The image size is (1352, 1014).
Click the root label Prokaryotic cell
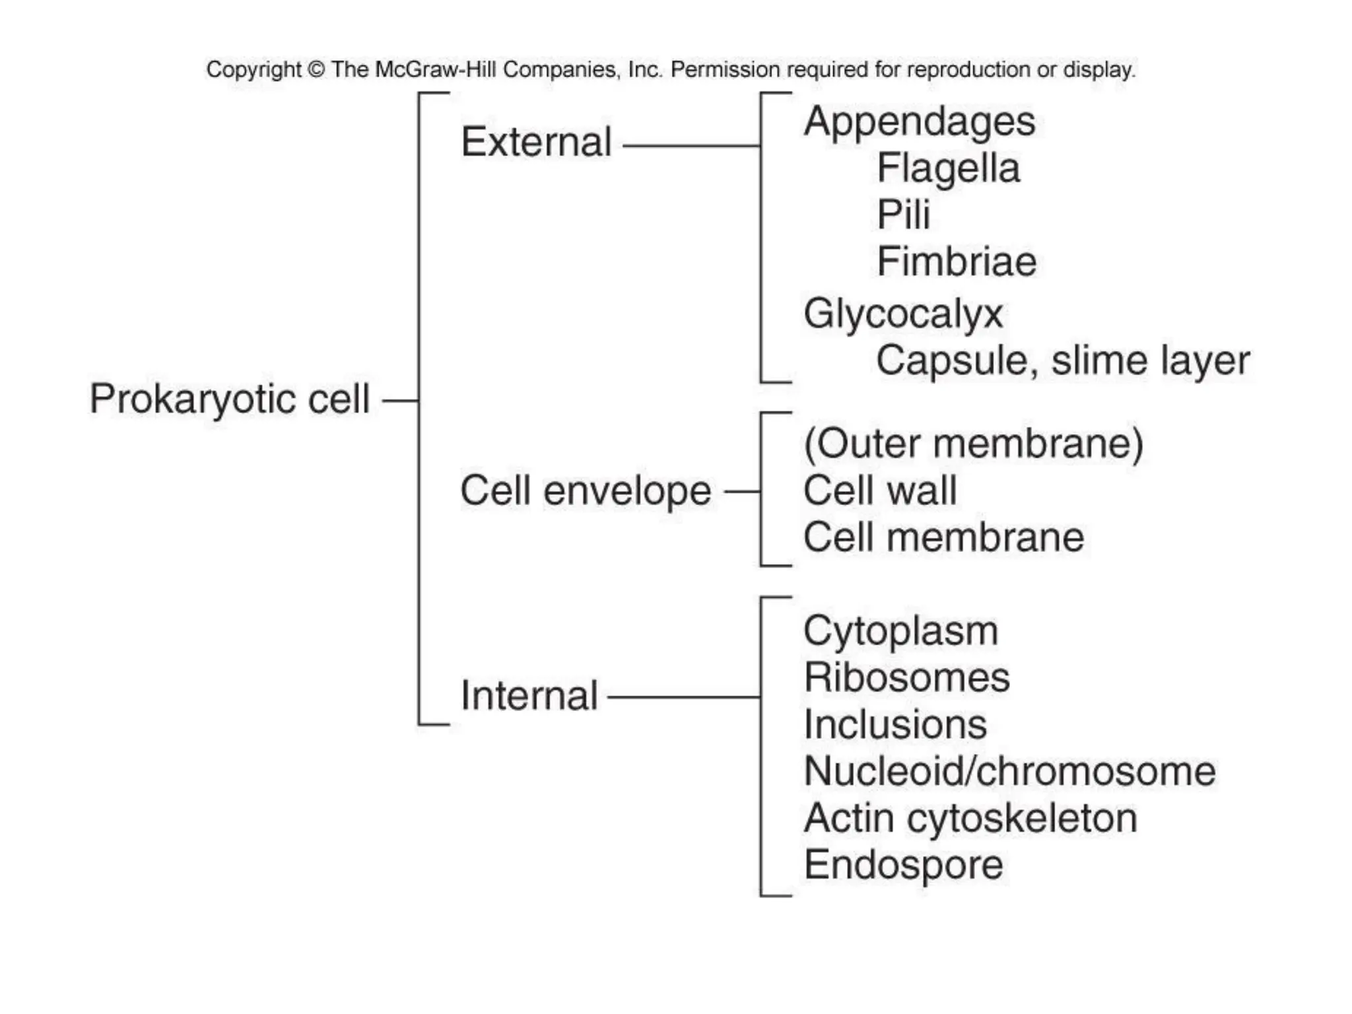[x=229, y=399]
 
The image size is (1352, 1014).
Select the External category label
[x=536, y=142]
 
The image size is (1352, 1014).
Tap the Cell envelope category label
[x=585, y=491]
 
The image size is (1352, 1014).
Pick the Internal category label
[x=529, y=696]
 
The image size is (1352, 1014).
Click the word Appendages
[x=919, y=122]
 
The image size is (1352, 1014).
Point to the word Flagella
[x=948, y=168]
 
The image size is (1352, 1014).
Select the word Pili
[x=903, y=215]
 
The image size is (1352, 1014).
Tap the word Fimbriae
[x=957, y=261]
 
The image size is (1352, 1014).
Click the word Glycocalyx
[x=902, y=314]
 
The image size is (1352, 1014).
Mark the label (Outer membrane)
[x=973, y=444]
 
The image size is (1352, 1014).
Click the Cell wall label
[x=879, y=490]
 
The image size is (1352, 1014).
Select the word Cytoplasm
[x=900, y=632]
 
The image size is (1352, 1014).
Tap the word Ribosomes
[x=906, y=678]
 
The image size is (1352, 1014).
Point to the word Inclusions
[x=895, y=725]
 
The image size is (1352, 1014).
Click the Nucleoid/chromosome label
[x=1009, y=771]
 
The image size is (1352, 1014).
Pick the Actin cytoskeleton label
[x=970, y=819]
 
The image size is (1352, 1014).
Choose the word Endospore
[x=903, y=865]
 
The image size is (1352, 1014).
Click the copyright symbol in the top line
[x=316, y=69]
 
